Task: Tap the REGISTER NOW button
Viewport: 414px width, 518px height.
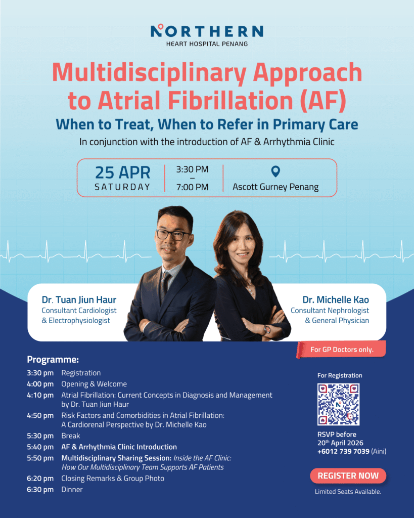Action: click(348, 476)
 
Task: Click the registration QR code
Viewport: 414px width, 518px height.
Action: click(338, 404)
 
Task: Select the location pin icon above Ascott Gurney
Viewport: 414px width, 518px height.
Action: click(275, 172)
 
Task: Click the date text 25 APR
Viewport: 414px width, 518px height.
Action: click(122, 172)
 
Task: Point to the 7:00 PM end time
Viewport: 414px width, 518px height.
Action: click(192, 187)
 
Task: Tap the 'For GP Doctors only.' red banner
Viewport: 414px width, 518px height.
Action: click(342, 350)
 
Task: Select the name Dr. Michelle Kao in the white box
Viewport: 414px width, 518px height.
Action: click(336, 300)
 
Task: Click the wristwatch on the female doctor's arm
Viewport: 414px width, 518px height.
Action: click(267, 329)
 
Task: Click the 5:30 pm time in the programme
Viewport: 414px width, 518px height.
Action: click(40, 436)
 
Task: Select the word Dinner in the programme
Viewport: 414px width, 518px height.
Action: click(72, 489)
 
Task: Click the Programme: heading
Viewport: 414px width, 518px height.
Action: click(53, 360)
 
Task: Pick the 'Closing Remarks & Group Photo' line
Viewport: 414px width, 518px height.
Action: click(113, 478)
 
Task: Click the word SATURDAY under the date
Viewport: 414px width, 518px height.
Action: click(122, 187)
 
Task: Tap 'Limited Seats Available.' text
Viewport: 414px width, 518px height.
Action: click(348, 492)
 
